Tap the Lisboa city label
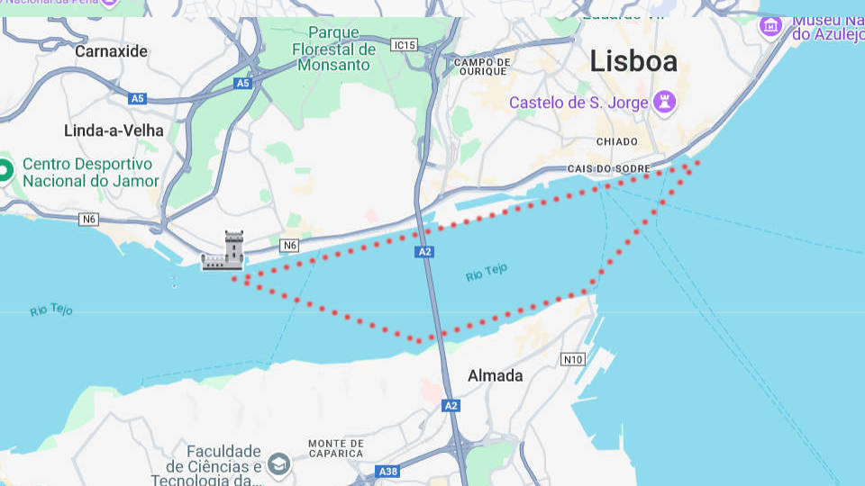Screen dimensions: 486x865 633,61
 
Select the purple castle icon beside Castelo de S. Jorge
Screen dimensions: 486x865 665,102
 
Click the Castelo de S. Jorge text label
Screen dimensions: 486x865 578,103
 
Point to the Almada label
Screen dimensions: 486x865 495,376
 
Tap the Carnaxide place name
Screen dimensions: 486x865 111,51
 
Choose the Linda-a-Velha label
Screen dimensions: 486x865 114,130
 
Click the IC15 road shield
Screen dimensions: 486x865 405,44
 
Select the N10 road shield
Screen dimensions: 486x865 572,359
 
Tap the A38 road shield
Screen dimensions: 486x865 388,472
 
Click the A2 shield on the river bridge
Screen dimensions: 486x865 425,252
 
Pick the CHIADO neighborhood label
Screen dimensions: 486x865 617,142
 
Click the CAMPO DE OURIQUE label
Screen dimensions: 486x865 483,67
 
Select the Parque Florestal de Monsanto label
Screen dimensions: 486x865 333,49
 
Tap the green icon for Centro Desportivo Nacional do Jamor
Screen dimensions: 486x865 5,168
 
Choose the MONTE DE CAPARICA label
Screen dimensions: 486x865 335,444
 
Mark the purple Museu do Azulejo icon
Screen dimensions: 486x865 770,24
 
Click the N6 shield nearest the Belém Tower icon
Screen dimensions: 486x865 289,245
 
